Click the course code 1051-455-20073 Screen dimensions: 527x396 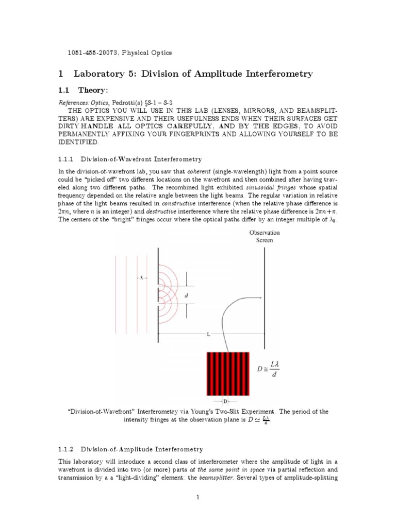[x=95, y=52]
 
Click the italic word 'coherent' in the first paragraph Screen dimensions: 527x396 [x=195, y=171]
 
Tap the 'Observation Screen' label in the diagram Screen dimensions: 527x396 [x=265, y=236]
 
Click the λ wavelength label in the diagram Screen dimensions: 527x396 [x=141, y=277]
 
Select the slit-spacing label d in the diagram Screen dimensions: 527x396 [x=186, y=295]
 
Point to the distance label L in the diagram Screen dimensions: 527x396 [x=208, y=335]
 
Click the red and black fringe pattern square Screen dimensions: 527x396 [x=227, y=374]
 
